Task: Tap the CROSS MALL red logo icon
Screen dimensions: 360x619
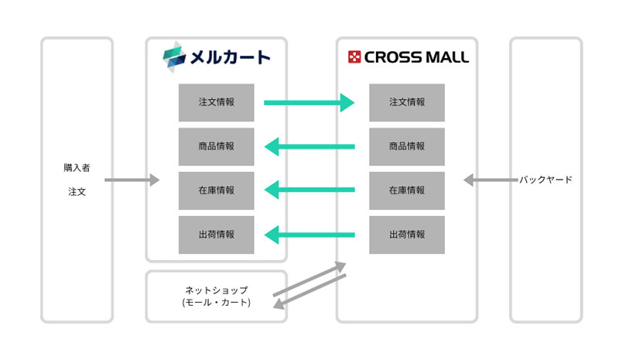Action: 354,57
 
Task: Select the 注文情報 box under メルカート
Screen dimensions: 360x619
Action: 216,102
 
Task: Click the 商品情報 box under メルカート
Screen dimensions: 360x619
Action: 216,146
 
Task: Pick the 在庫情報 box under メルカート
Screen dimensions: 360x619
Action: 216,190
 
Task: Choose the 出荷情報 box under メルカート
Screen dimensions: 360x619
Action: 216,235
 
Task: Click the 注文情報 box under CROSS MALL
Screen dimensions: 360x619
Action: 407,102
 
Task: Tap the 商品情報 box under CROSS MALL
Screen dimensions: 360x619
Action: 407,146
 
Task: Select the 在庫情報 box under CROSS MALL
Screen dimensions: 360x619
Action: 407,190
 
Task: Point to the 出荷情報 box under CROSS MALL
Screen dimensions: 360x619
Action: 407,235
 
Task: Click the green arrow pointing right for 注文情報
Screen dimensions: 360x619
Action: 309,102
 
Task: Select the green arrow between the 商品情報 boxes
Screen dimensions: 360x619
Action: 309,146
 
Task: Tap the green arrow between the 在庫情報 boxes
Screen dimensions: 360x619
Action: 309,190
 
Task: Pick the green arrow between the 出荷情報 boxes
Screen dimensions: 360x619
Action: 309,235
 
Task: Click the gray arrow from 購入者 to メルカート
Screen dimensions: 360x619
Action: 132,180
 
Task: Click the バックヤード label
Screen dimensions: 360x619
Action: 545,180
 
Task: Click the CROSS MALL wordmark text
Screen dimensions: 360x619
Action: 416,57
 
